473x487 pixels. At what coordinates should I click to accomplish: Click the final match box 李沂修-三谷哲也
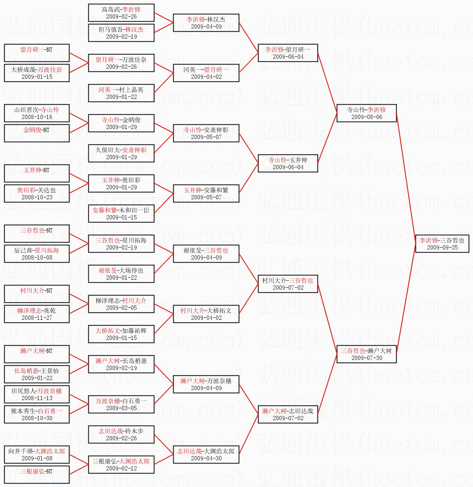442,244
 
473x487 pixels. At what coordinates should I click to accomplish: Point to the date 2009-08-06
367,117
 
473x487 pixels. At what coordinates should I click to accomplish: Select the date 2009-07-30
367,358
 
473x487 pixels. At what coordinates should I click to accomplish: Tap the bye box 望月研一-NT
37,53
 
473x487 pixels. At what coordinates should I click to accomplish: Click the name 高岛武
111,10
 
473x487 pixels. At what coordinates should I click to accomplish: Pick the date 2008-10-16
37,117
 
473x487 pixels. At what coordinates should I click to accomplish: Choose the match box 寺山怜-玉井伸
288,163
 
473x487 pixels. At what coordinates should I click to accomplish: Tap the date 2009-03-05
122,408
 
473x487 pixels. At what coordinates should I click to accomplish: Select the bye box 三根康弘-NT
37,475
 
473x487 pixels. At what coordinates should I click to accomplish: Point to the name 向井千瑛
20,451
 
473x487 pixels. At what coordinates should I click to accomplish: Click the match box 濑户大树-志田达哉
288,414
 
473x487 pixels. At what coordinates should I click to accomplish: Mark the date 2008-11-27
37,317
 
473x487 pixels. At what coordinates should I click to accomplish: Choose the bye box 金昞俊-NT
37,133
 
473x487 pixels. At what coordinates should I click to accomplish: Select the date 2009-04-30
206,458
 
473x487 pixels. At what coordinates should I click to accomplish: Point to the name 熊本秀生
23,411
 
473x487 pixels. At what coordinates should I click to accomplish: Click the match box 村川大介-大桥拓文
206,314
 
